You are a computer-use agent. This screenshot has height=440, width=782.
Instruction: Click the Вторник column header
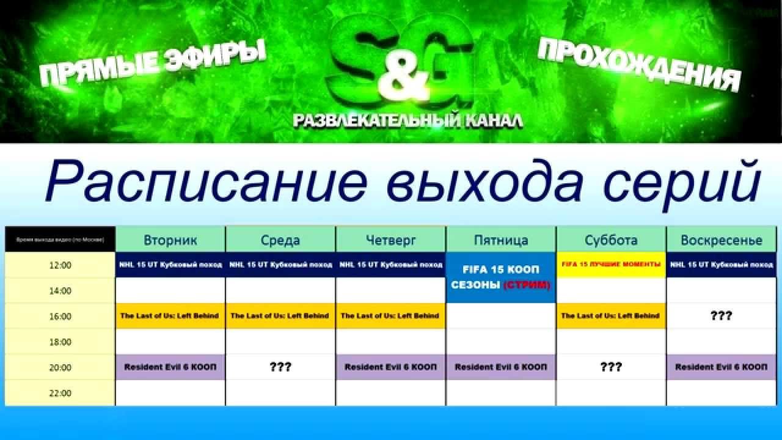pos(170,240)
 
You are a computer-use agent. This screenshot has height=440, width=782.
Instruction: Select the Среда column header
pos(280,240)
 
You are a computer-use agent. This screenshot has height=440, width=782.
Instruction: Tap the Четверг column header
pos(391,240)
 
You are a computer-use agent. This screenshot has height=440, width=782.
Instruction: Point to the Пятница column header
pos(501,240)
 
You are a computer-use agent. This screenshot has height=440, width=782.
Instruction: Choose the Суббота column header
pos(611,240)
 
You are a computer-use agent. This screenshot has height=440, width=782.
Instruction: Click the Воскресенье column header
pos(721,240)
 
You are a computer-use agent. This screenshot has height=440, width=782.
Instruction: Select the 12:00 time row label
pos(60,266)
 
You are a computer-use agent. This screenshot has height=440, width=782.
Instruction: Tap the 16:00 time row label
pos(60,317)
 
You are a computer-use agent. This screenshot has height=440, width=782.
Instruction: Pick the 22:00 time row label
pos(60,394)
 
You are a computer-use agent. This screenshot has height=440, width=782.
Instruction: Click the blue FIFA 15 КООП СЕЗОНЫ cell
pos(501,277)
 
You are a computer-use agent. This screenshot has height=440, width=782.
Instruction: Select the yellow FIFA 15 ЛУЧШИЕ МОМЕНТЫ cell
pos(611,265)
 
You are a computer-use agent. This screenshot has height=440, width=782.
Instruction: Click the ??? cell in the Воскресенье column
pos(721,316)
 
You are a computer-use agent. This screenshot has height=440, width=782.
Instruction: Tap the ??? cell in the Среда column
pos(280,367)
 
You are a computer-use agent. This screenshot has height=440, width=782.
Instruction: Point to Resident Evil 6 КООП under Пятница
pos(501,367)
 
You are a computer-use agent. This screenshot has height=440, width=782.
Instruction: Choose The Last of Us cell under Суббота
pos(611,316)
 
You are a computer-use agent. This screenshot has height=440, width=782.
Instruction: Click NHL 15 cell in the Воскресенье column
pos(721,265)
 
